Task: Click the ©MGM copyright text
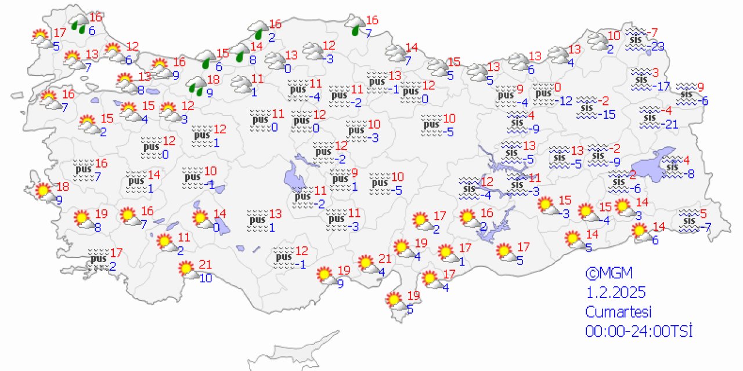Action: [608, 272]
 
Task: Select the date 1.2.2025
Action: [615, 292]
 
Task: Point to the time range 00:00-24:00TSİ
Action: [639, 330]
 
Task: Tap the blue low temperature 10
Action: [205, 278]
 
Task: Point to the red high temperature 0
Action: [557, 88]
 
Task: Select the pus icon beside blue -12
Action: [544, 93]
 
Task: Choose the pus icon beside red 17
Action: [97, 257]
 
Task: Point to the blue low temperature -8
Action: [688, 173]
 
